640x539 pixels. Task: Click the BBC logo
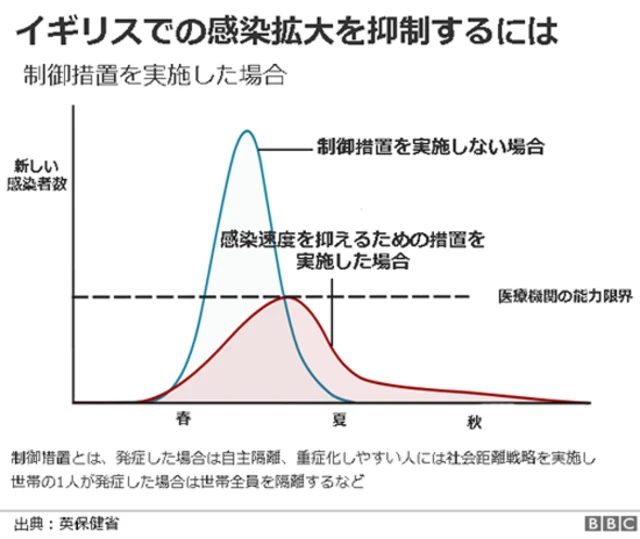(608, 524)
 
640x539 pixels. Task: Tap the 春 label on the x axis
(183, 414)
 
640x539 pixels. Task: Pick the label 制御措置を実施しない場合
(430, 146)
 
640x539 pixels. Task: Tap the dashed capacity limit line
(400, 297)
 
